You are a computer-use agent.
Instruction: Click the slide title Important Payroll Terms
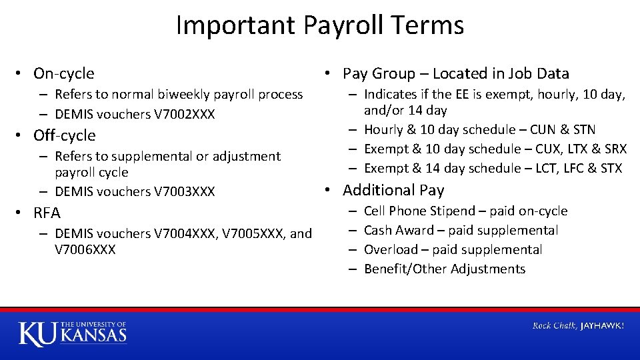320,25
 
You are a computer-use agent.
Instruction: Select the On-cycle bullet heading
63,73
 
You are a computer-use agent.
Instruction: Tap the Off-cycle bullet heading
64,135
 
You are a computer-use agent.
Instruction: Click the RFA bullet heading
47,213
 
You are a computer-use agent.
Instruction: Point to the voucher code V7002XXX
185,114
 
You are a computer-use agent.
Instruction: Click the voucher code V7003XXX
185,191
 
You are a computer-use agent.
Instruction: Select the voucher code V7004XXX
185,233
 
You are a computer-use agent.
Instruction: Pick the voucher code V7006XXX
85,249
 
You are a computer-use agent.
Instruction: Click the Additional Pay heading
393,190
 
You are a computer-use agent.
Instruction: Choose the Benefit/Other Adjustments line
445,269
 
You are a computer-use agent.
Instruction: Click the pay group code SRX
615,149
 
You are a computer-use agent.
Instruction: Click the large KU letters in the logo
37,333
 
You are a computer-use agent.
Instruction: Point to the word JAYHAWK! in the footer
602,326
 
